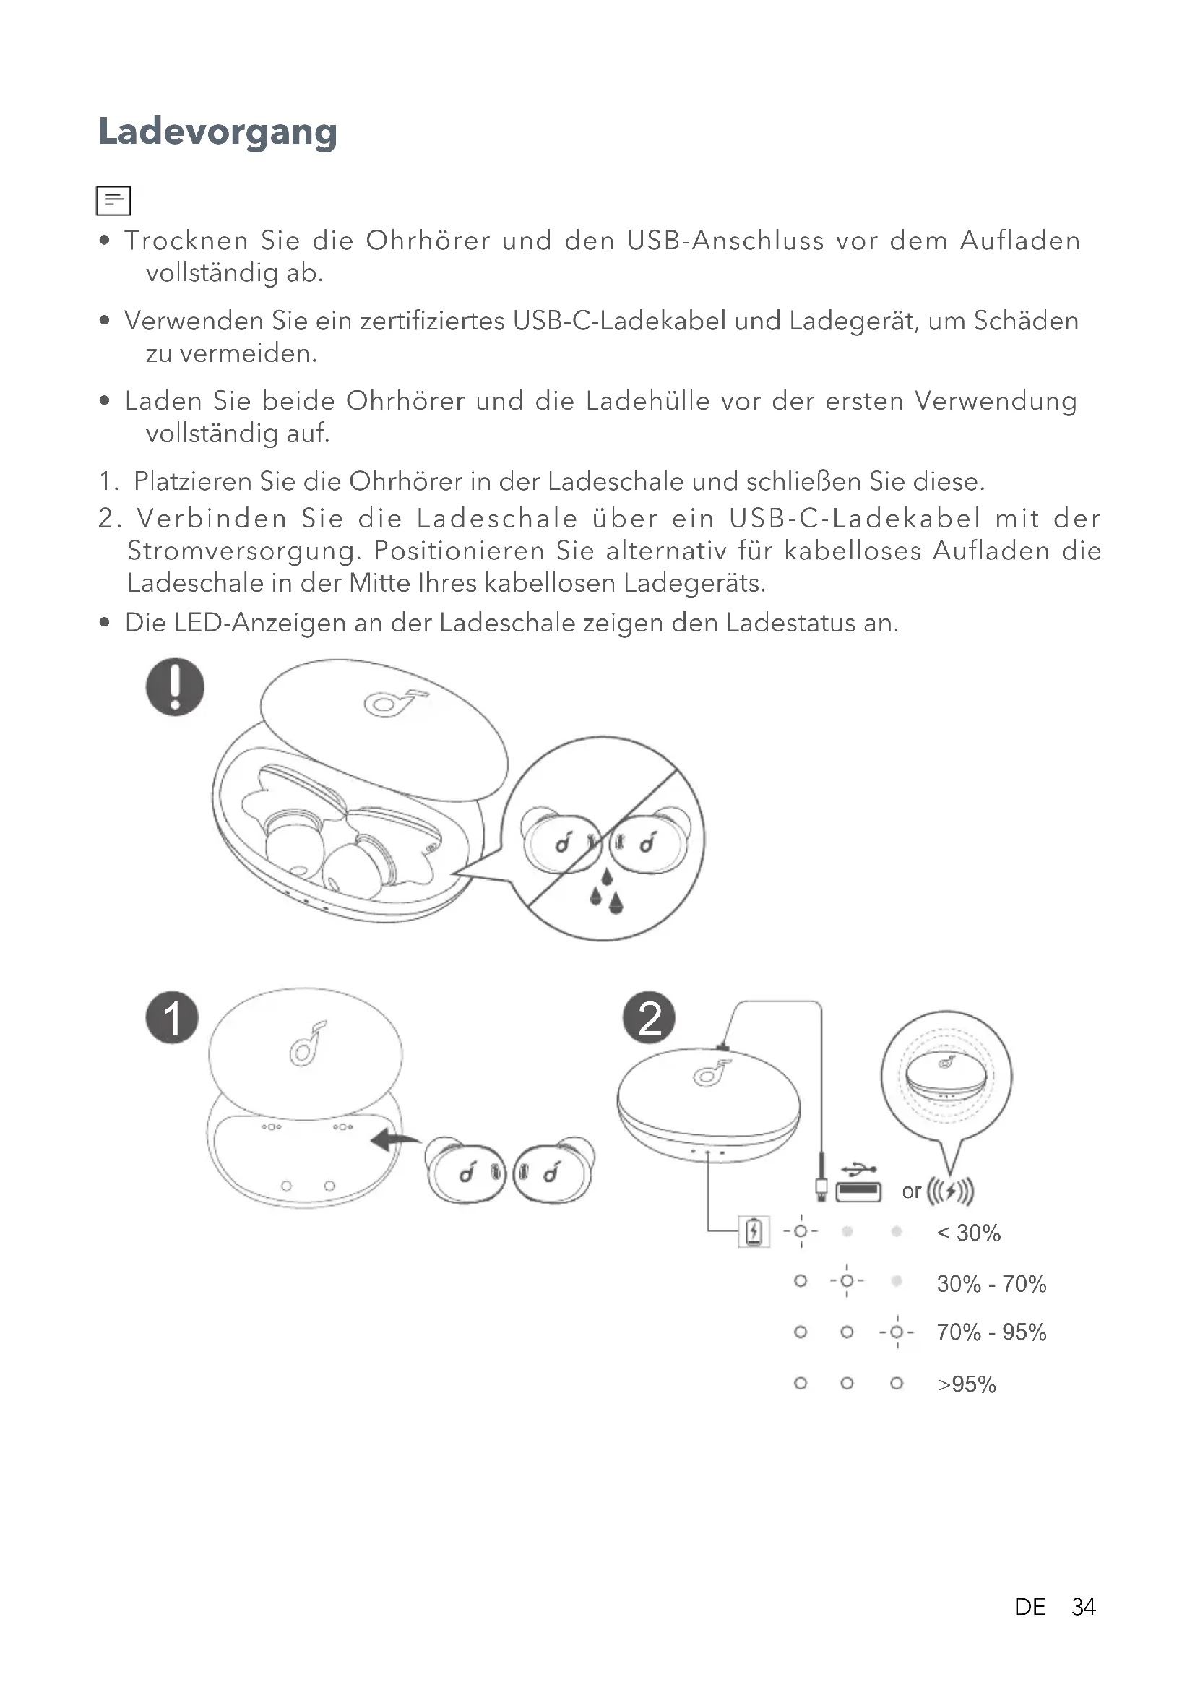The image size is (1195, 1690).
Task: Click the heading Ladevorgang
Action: (x=217, y=132)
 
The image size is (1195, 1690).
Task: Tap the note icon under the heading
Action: (x=113, y=200)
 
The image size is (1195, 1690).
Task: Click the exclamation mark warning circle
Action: (x=175, y=686)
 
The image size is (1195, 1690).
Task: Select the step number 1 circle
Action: (x=172, y=1018)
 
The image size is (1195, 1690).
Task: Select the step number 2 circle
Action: (x=649, y=1018)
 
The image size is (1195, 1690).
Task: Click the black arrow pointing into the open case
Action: (x=394, y=1140)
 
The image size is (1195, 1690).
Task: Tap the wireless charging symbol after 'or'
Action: (x=950, y=1190)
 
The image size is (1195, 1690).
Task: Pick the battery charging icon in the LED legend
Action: (x=754, y=1231)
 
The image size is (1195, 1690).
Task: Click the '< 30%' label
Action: (x=968, y=1233)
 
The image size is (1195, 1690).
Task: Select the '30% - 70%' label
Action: (x=991, y=1284)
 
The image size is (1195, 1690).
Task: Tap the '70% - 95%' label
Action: (x=991, y=1332)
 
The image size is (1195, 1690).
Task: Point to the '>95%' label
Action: (x=966, y=1384)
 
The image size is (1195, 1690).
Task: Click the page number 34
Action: (x=1083, y=1606)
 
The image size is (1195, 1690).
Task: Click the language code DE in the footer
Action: (x=1030, y=1606)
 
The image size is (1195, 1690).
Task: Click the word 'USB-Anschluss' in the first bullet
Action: (x=725, y=241)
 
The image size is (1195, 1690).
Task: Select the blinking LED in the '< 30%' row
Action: (x=801, y=1231)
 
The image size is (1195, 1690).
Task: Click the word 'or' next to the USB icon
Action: (x=911, y=1191)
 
